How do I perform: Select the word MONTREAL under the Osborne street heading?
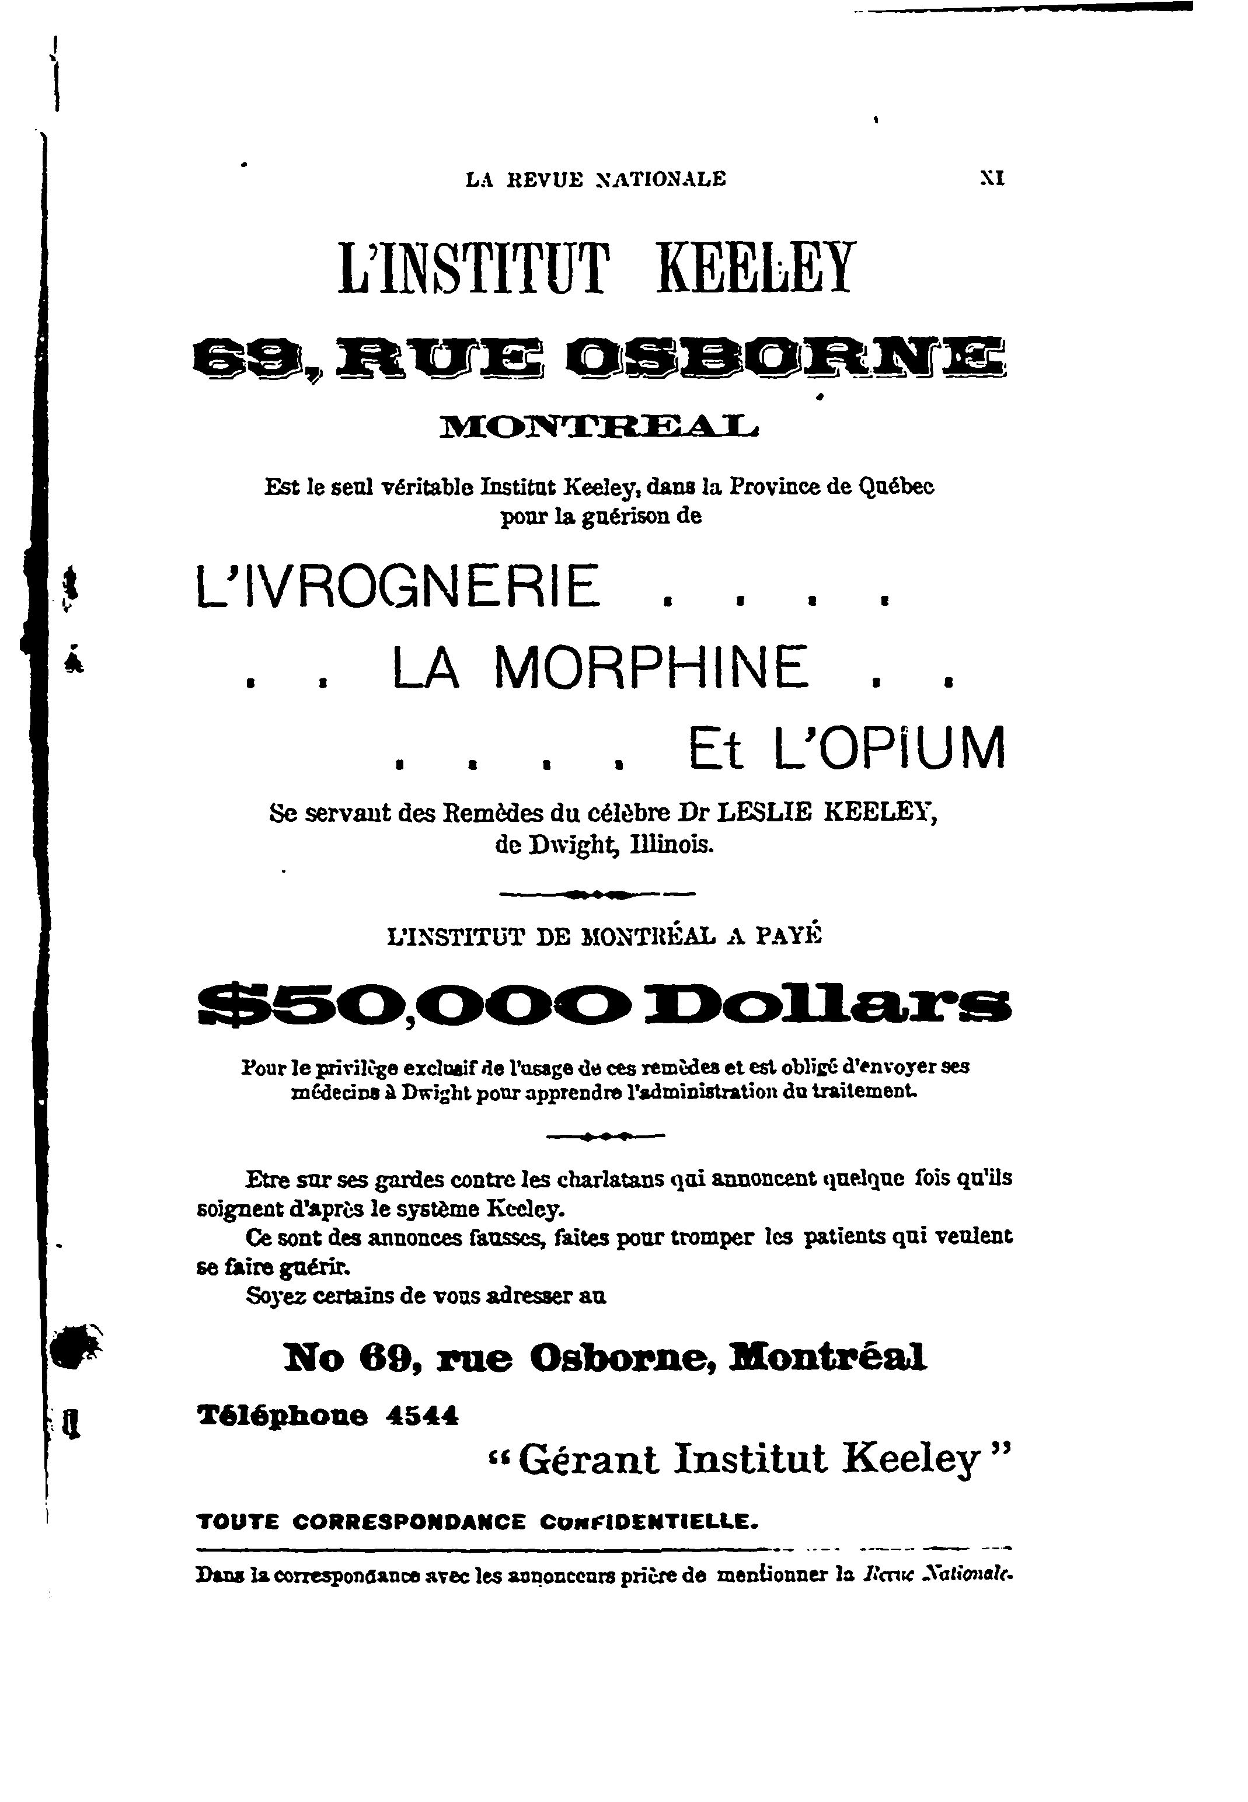coord(598,427)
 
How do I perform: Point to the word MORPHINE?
coord(651,668)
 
